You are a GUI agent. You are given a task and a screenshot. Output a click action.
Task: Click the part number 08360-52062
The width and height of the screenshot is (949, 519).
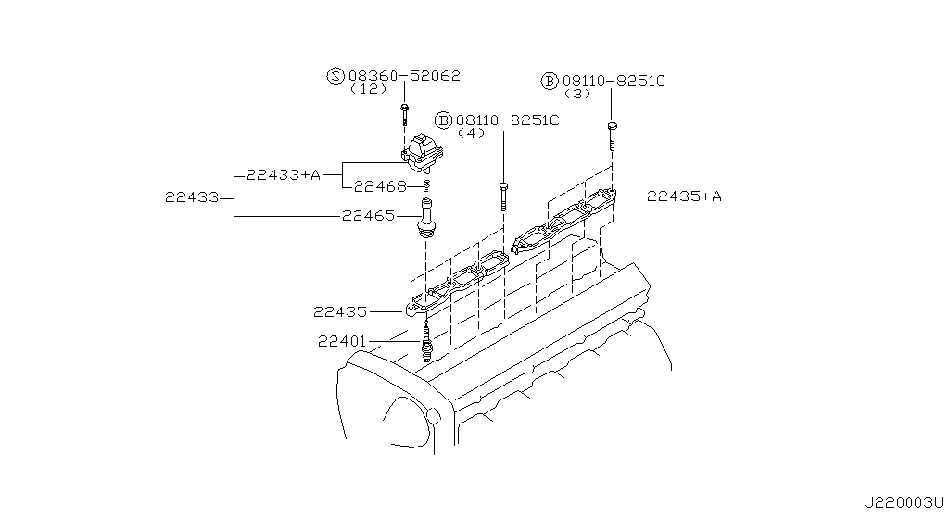pyautogui.click(x=404, y=76)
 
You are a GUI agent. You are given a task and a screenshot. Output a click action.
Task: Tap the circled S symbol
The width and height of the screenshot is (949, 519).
pyautogui.click(x=335, y=76)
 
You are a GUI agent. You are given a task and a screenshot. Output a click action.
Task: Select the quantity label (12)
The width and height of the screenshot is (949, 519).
pyautogui.click(x=368, y=90)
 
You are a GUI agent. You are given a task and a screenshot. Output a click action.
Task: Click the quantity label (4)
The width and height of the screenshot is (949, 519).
pyautogui.click(x=472, y=133)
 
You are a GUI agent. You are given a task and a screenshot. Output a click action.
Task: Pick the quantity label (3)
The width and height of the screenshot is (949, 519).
pyautogui.click(x=577, y=95)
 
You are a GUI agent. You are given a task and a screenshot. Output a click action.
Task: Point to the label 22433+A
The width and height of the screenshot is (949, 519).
pyautogui.click(x=283, y=173)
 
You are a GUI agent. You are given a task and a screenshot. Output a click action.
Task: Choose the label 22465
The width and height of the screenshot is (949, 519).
pyautogui.click(x=369, y=216)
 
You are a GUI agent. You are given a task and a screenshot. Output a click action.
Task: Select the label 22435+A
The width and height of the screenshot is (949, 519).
pyautogui.click(x=684, y=196)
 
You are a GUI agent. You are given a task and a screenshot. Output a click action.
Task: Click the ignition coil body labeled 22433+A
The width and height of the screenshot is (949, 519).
pyautogui.click(x=424, y=155)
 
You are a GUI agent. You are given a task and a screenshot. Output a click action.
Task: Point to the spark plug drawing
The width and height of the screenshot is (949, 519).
pyautogui.click(x=426, y=343)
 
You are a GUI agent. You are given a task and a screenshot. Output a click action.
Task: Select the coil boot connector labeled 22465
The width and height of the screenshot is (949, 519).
pyautogui.click(x=425, y=220)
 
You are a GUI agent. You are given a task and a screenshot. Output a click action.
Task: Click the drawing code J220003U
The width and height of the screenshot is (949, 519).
pyautogui.click(x=903, y=503)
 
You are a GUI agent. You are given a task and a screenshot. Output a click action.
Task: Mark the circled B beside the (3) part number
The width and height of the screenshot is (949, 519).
pyautogui.click(x=549, y=82)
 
